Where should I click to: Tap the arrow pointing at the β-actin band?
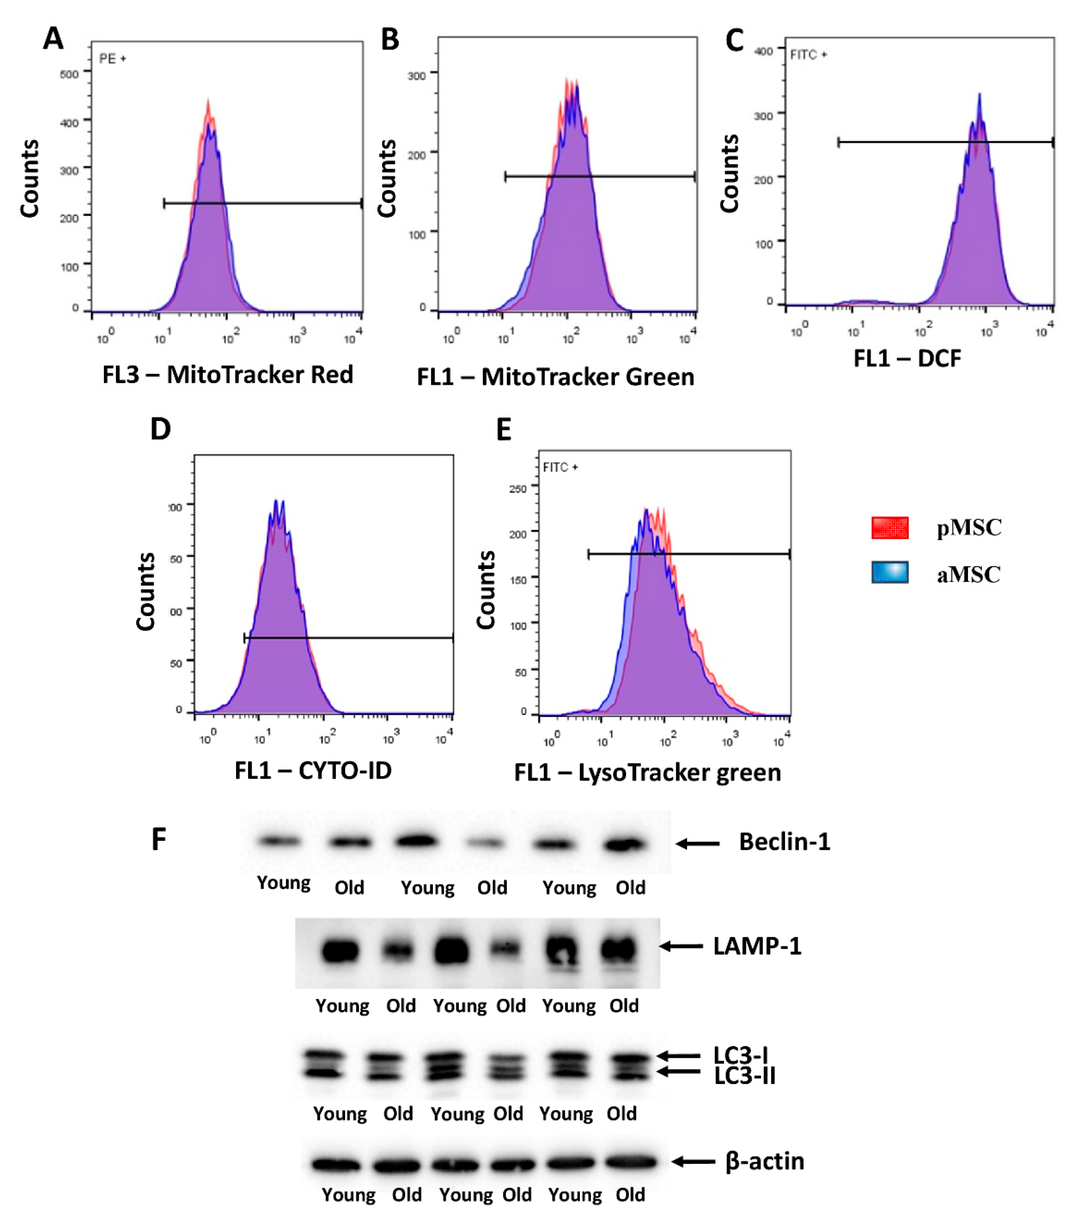click(x=693, y=1161)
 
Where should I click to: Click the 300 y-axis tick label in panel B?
click(x=416, y=76)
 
